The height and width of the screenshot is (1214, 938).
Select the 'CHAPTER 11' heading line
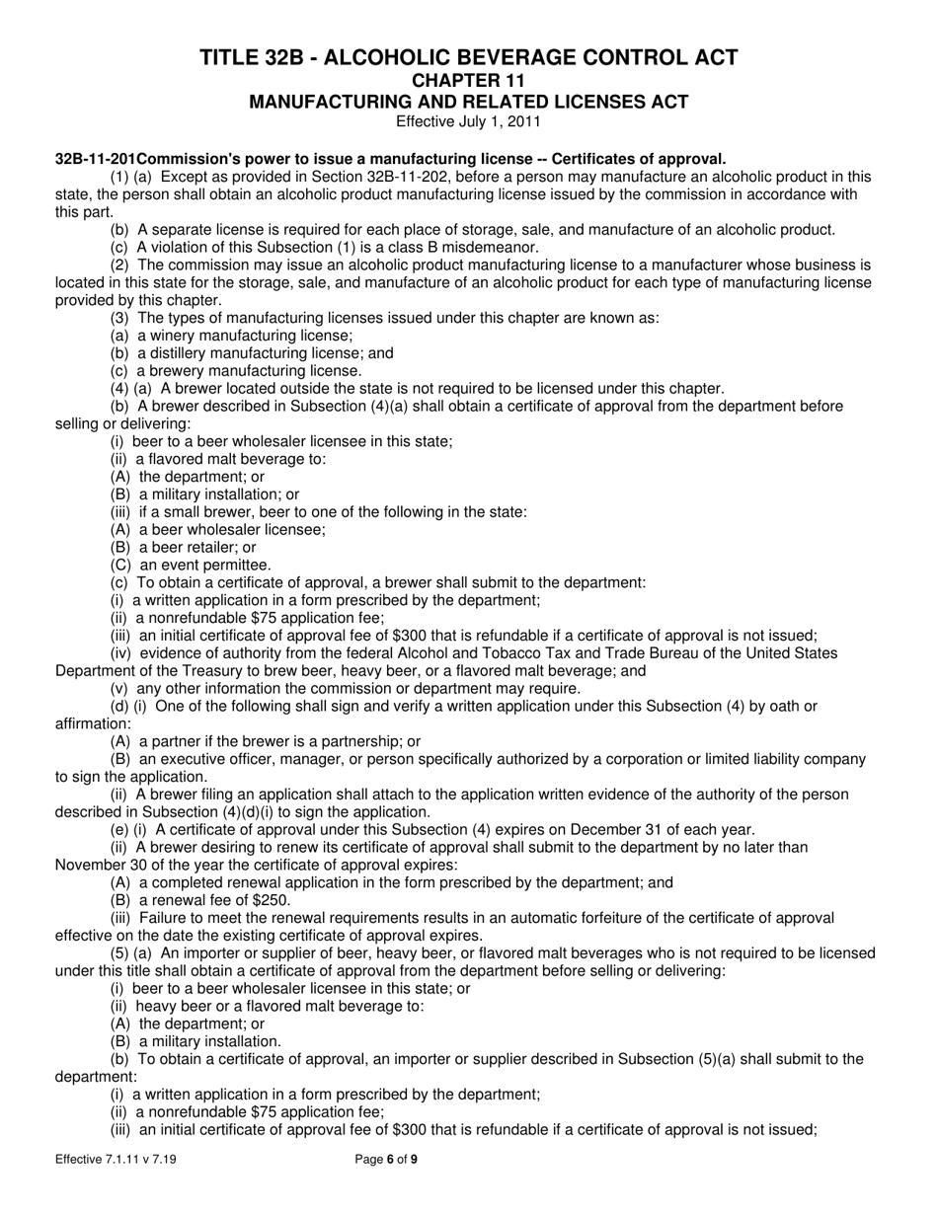[x=468, y=80]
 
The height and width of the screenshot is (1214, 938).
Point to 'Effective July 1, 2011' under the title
[x=468, y=122]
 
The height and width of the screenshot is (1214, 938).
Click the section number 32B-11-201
[x=95, y=159]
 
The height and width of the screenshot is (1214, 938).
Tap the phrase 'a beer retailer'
[x=189, y=548]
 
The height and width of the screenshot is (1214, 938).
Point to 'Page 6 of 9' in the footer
[x=386, y=1161]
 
